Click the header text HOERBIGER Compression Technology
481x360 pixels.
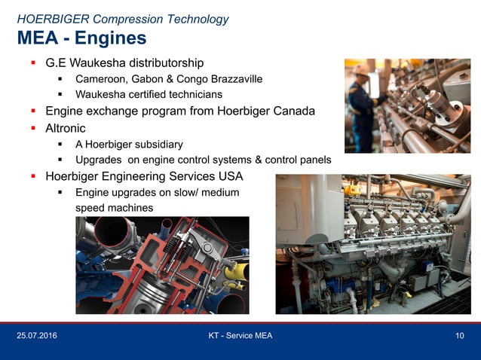[x=122, y=19]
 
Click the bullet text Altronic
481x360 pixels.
[x=66, y=128]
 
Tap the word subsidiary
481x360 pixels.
[x=156, y=145]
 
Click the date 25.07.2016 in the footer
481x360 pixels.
[x=36, y=335]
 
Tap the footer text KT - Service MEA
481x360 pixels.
[x=240, y=335]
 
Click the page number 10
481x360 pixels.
[x=459, y=335]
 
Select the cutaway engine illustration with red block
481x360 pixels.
[x=162, y=265]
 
